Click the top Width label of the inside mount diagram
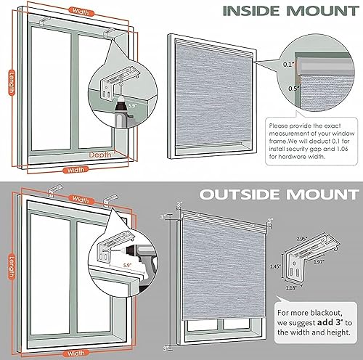81,11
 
